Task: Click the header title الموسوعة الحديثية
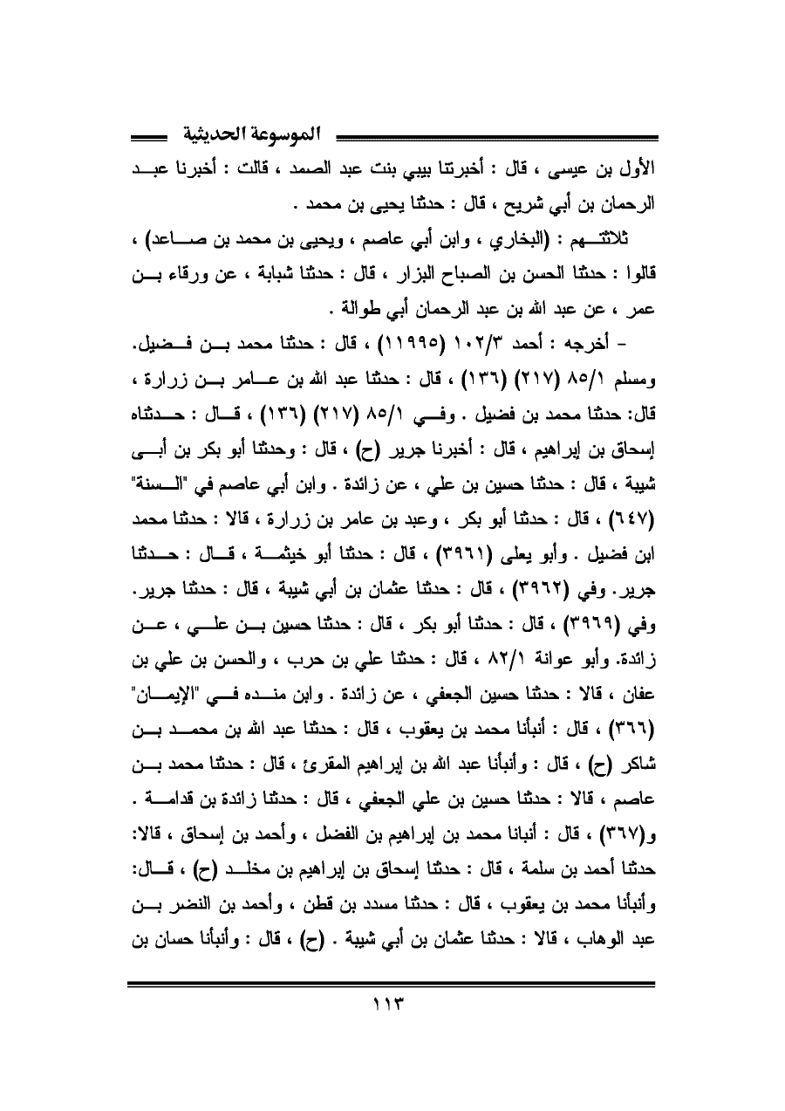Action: pos(253,136)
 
